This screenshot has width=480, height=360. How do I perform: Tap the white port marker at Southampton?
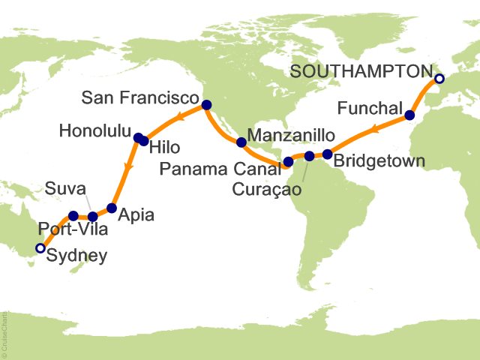(x=439, y=79)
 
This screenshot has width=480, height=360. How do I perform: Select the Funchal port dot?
(x=409, y=115)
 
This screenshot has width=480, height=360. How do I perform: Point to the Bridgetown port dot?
(x=328, y=154)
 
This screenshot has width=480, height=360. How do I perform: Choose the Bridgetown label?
(x=379, y=160)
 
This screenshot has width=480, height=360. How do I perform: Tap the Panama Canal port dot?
(x=288, y=161)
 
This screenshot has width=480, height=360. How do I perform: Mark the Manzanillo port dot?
(x=241, y=142)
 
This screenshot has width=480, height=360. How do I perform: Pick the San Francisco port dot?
(x=207, y=105)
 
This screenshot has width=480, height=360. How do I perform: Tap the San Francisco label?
(x=142, y=98)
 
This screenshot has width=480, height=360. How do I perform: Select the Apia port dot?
(x=112, y=208)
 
